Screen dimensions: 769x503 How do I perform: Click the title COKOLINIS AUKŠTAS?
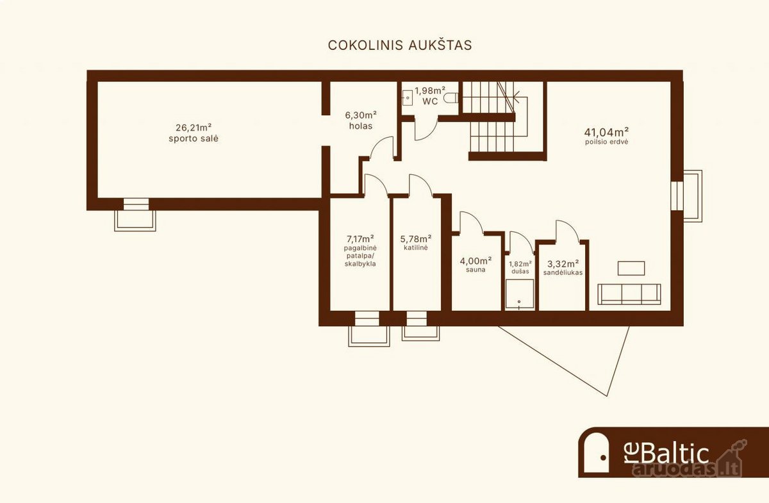pyautogui.click(x=400, y=45)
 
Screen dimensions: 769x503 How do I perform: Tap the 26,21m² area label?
pyautogui.click(x=194, y=128)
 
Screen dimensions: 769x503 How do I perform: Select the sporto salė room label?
pyautogui.click(x=194, y=138)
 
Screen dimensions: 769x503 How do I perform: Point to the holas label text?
pyautogui.click(x=361, y=126)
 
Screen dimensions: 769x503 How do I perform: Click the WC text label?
pyautogui.click(x=430, y=101)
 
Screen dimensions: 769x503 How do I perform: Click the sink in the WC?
pyautogui.click(x=407, y=97)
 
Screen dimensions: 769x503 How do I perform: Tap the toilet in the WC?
pyautogui.click(x=451, y=98)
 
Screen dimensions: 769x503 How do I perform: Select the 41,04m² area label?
pyautogui.click(x=607, y=132)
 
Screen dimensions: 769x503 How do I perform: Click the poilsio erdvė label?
pyautogui.click(x=607, y=142)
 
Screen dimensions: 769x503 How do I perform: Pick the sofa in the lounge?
pyautogui.click(x=629, y=294)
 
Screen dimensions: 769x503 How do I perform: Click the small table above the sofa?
pyautogui.click(x=631, y=268)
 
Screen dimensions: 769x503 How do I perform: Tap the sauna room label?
pyautogui.click(x=475, y=270)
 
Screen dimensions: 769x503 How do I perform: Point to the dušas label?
pyautogui.click(x=520, y=271)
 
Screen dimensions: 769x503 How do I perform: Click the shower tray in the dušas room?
pyautogui.click(x=520, y=294)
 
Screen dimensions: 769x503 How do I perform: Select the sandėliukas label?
pyautogui.click(x=563, y=273)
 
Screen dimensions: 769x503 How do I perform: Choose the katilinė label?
pyautogui.click(x=416, y=247)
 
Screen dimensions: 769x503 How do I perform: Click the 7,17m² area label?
pyautogui.click(x=360, y=238)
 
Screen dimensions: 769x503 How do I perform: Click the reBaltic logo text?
pyautogui.click(x=666, y=454)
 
